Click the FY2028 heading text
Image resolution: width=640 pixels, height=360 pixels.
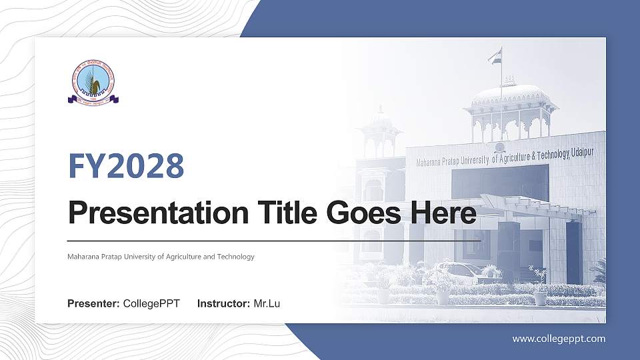(127, 166)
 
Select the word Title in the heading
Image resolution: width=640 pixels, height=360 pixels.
(282, 213)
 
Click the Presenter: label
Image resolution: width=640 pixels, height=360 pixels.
(93, 304)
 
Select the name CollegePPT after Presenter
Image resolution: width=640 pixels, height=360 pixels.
(151, 304)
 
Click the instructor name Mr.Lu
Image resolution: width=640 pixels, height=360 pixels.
(267, 304)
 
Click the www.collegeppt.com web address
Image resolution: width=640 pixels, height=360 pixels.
(559, 339)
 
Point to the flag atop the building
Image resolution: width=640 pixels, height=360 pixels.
(495, 57)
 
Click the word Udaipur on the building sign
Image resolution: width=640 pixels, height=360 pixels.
(582, 153)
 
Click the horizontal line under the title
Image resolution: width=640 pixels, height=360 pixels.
(274, 240)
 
